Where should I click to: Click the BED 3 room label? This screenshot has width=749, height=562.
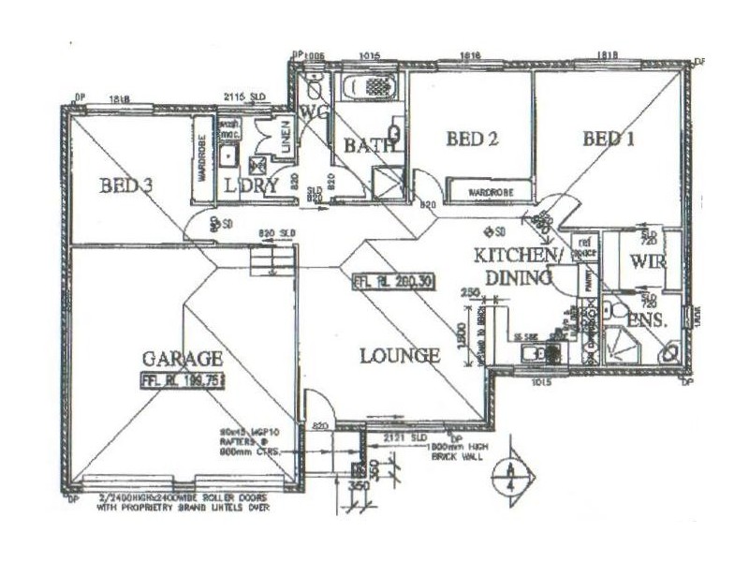click(x=126, y=185)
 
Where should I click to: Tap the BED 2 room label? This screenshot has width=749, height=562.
click(x=471, y=140)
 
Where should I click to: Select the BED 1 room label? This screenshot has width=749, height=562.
click(x=609, y=140)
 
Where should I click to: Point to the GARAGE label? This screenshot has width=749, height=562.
click(x=183, y=358)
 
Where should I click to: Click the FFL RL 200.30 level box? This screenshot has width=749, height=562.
click(x=392, y=281)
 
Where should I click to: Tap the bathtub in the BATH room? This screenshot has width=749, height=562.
click(x=371, y=88)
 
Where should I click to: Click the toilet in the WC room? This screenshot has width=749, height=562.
click(x=315, y=91)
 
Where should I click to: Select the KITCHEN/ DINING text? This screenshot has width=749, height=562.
click(x=518, y=266)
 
